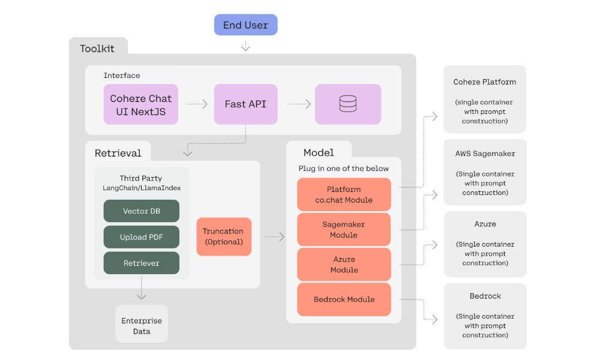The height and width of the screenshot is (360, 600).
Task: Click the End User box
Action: tap(245, 25)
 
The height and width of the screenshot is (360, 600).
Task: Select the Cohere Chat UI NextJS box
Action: tap(140, 104)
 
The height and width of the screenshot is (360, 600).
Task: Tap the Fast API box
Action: tap(245, 104)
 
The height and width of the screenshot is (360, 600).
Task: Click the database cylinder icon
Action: tap(348, 104)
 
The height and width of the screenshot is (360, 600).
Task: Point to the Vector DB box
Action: tap(141, 211)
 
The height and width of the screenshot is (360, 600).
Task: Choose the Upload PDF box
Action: tap(141, 237)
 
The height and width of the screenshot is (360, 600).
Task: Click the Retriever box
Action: tap(141, 263)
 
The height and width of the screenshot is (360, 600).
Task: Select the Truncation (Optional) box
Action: tap(223, 236)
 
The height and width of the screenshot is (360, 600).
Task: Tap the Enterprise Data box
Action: tap(142, 326)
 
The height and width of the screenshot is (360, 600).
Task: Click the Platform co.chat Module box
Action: tap(344, 194)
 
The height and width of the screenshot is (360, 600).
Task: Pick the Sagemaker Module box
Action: tap(344, 229)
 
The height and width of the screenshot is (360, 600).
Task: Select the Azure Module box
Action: tap(344, 265)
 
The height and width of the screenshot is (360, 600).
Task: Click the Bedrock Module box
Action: tap(344, 299)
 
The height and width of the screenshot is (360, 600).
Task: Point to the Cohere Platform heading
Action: tap(485, 82)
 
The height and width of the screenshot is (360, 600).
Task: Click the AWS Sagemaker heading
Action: tap(485, 154)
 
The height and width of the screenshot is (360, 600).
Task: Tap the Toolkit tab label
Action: tap(97, 49)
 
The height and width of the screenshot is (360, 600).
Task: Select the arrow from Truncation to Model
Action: tap(274, 237)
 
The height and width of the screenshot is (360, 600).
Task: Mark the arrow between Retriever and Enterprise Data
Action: tap(141, 290)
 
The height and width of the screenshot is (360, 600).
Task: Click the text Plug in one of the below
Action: tap(344, 168)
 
